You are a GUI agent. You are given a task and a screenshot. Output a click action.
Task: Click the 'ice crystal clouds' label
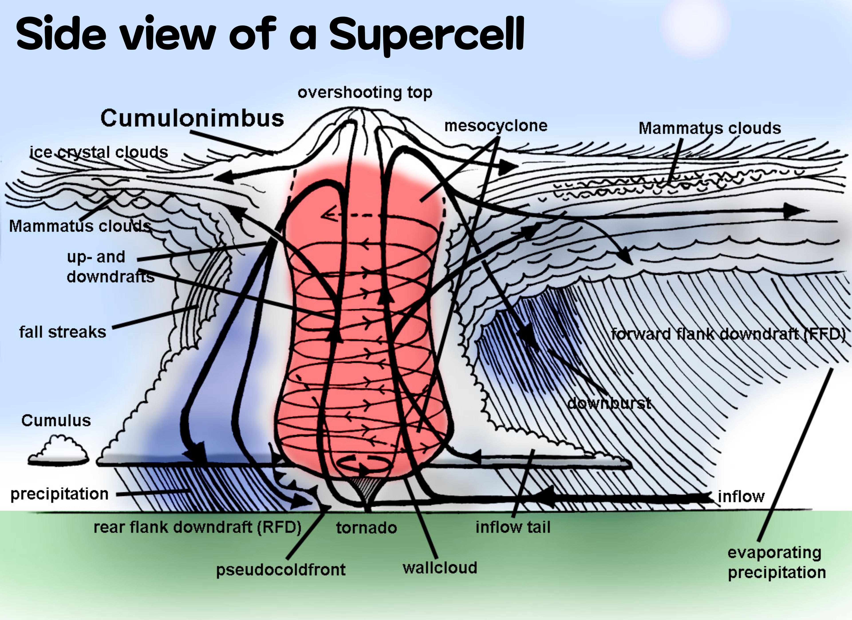point(99,152)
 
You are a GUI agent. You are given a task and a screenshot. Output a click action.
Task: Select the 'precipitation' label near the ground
point(59,494)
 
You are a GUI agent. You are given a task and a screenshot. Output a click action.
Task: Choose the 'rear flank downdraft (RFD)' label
point(197,527)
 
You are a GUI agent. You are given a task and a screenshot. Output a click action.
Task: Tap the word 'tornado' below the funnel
point(366,528)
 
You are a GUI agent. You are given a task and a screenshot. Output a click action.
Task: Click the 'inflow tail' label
point(513,527)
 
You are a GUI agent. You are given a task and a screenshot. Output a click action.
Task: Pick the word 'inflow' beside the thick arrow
point(741,497)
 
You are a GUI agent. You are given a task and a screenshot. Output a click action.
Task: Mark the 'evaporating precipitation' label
point(777,563)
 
